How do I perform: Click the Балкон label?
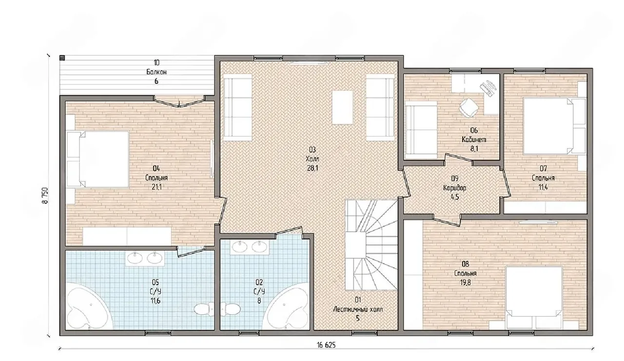[x=156, y=72]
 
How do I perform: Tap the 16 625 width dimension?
[x=326, y=345]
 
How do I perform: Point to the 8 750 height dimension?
[x=45, y=195]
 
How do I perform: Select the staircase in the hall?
[x=371, y=245]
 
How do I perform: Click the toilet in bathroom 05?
[x=204, y=309]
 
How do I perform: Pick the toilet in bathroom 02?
[x=231, y=309]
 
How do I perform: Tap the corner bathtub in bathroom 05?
[x=90, y=308]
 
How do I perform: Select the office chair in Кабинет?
[x=469, y=108]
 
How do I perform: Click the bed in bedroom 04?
[x=98, y=159]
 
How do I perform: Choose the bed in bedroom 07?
[x=554, y=126]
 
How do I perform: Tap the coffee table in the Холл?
[x=342, y=108]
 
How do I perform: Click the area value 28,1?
[x=312, y=169]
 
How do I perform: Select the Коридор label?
[x=455, y=188]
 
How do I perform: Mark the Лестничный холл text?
[x=358, y=309]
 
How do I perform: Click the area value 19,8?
[x=465, y=283]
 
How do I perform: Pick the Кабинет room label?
[x=474, y=139]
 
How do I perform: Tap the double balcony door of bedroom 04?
[x=179, y=102]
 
